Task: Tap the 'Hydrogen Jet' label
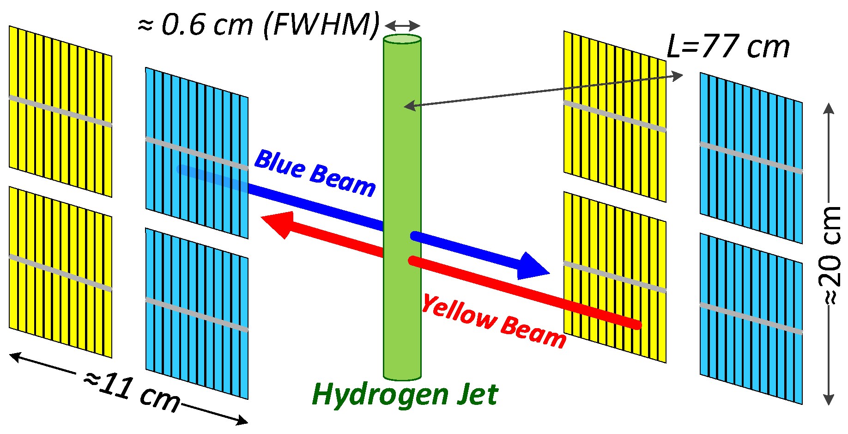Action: [x=405, y=395]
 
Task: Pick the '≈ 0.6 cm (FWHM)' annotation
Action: [x=259, y=24]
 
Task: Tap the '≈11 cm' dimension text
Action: [x=132, y=393]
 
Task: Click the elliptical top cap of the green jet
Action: [x=402, y=39]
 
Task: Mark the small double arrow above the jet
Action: [x=402, y=25]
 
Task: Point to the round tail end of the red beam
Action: [x=636, y=325]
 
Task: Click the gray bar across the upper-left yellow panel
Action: [x=60, y=111]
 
